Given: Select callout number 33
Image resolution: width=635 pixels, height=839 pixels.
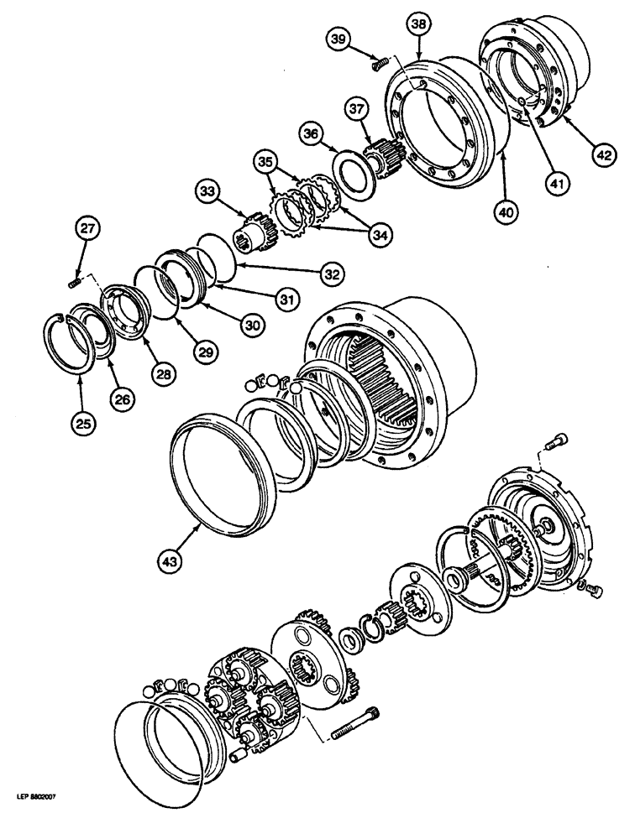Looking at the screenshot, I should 208,191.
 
